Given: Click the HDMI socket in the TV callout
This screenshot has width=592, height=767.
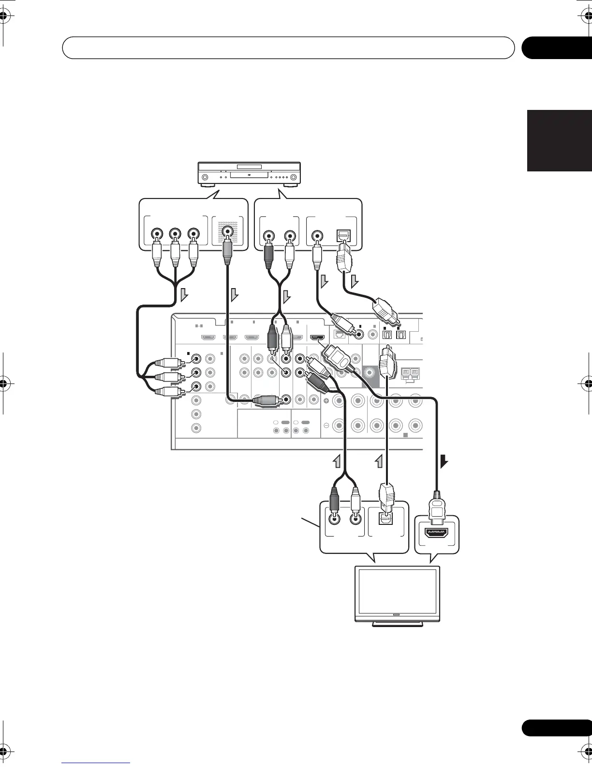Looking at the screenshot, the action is click(x=436, y=533).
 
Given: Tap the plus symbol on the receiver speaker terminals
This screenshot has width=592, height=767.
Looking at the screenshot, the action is click(x=326, y=401).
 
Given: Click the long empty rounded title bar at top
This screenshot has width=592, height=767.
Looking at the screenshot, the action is click(x=288, y=47).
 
